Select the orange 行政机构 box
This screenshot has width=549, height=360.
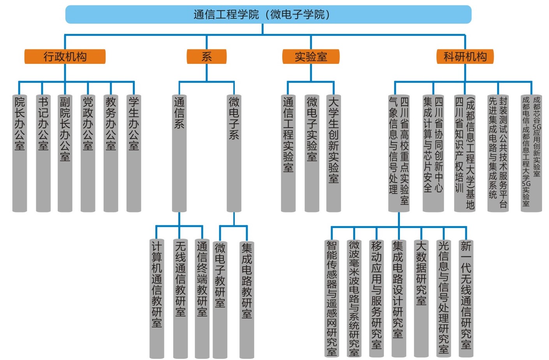tap(65, 57)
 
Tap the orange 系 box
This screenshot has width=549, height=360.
tap(206, 57)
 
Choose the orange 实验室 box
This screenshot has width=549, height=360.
tap(311, 57)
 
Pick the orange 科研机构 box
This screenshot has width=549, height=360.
tap(465, 57)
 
